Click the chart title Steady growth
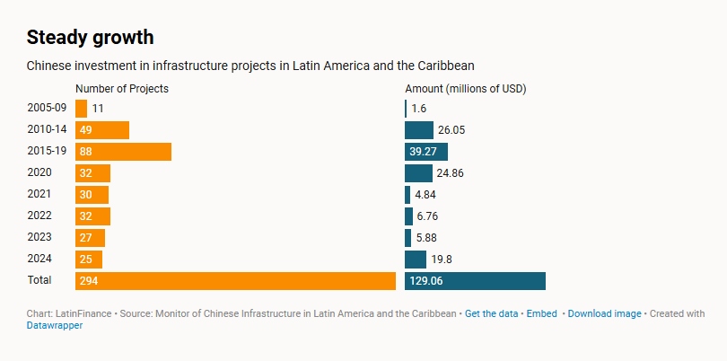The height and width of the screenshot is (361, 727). coord(90,37)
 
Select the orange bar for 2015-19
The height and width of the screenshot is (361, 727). coord(123,152)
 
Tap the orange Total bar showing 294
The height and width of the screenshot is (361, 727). coord(235,281)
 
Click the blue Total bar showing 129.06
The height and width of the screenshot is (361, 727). coord(475,281)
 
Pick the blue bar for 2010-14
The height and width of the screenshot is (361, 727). coord(419,130)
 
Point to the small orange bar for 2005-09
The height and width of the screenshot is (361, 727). coord(81,109)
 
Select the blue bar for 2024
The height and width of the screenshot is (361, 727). coord(416,260)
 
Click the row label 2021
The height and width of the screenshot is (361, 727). coord(39,195)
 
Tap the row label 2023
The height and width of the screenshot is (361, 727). coord(39,238)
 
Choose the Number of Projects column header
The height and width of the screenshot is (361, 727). coord(122,89)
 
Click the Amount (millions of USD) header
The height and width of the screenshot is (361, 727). coord(465,89)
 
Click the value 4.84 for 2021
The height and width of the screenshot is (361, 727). coord(426,195)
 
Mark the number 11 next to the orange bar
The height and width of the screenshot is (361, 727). coord(99,109)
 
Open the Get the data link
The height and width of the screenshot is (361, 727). coord(492,314)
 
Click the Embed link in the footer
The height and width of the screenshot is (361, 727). coord(541,314)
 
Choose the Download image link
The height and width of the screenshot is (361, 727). coord(604,314)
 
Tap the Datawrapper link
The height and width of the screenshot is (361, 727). coord(55,326)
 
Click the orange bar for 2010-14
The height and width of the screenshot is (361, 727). coord(102,130)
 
